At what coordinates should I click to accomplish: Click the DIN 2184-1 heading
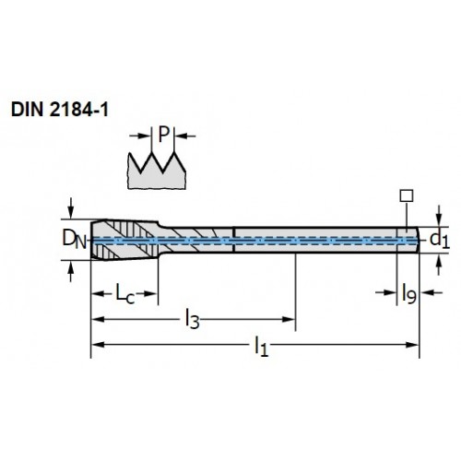pyautogui.click(x=60, y=110)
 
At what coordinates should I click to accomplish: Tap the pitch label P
pyautogui.click(x=164, y=135)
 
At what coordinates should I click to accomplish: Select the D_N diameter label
pyautogui.click(x=75, y=240)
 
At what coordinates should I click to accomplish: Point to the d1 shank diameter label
pyautogui.click(x=440, y=240)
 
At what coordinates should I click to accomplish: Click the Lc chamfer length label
pyautogui.click(x=125, y=293)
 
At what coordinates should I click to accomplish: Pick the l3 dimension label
pyautogui.click(x=193, y=320)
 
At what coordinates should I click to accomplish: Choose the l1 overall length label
pyautogui.click(x=261, y=347)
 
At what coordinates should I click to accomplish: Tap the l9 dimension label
pyautogui.click(x=409, y=293)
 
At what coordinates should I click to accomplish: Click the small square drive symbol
pyautogui.click(x=407, y=195)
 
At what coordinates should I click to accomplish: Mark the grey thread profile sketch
pyautogui.click(x=157, y=172)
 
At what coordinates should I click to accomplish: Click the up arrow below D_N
pyautogui.click(x=71, y=271)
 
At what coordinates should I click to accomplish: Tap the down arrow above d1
pyautogui.click(x=439, y=216)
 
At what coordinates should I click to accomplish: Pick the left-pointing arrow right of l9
pyautogui.click(x=431, y=292)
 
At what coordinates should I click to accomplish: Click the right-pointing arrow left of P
pyautogui.click(x=140, y=136)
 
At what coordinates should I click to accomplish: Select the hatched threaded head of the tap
pyautogui.click(x=124, y=240)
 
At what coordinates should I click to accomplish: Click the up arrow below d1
pyautogui.click(x=439, y=265)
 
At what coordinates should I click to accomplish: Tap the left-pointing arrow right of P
pyautogui.click(x=185, y=136)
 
